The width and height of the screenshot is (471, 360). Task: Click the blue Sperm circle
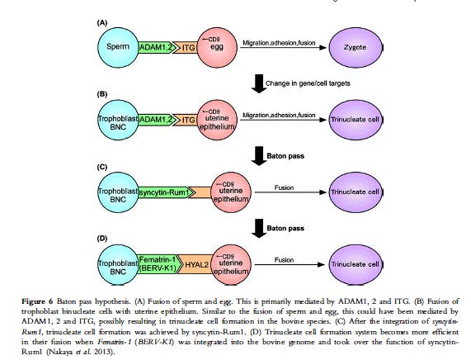[x=118, y=48]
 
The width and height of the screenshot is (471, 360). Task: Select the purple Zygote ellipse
[x=356, y=48]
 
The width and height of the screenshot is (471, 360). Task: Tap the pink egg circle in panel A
[x=217, y=48]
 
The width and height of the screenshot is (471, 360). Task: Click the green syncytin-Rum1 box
[x=165, y=192]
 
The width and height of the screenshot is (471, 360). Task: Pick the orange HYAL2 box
[x=195, y=265]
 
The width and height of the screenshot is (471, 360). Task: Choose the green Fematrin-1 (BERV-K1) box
[x=160, y=265]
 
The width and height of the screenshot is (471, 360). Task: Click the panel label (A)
[x=102, y=23]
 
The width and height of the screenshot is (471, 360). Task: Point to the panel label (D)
[x=102, y=239]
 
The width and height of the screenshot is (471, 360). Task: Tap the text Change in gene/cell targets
[x=308, y=83]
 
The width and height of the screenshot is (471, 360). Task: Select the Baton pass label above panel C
[x=285, y=156]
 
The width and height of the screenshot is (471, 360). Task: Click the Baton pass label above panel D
[x=285, y=228]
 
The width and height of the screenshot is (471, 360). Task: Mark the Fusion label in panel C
[x=284, y=187]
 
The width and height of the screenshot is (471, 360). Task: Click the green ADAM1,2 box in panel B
[x=157, y=120]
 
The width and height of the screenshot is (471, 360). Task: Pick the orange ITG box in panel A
[x=187, y=48]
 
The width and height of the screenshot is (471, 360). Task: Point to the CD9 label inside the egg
[x=211, y=40]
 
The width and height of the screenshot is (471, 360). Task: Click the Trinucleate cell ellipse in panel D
[x=356, y=265]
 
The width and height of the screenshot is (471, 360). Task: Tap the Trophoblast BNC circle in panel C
[x=118, y=192]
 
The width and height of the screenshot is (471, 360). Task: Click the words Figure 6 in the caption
[x=37, y=301]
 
